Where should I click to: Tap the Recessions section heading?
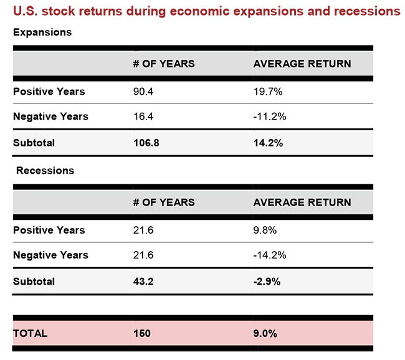[45, 170]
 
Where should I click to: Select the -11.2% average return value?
[270, 116]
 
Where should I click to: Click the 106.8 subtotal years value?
[146, 143]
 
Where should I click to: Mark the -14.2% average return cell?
[270, 255]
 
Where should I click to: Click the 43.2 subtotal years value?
[144, 281]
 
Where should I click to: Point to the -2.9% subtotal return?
[267, 281]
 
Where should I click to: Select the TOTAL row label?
[30, 333]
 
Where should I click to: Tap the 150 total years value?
[142, 333]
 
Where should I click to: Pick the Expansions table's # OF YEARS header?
[164, 64]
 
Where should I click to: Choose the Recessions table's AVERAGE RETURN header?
[302, 202]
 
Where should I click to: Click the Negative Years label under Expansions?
[50, 116]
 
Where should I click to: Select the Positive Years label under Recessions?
[49, 230]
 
